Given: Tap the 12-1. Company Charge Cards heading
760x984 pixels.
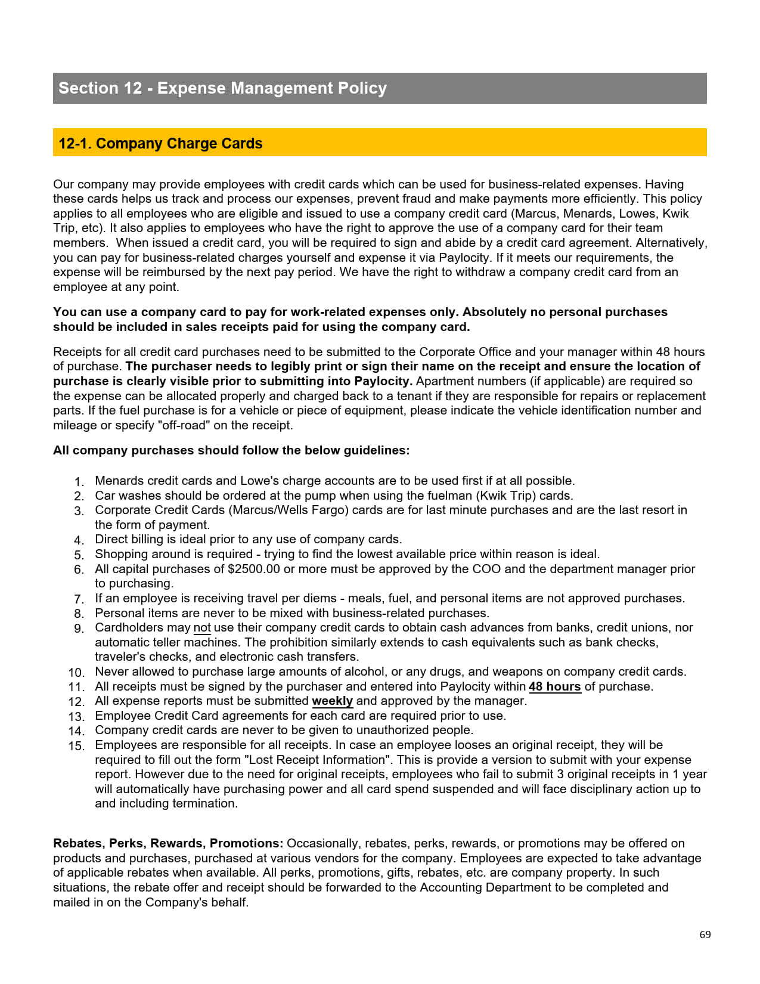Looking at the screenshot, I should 160,144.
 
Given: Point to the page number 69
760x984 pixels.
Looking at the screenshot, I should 705,935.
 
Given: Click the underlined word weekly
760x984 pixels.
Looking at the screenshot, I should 332,701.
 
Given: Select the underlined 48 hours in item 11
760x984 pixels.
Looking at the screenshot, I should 554,686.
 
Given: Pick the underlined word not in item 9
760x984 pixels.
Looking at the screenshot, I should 202,627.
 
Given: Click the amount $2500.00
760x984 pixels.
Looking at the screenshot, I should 253,569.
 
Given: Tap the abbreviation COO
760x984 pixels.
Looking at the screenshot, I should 486,569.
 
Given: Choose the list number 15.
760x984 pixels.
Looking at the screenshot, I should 76,746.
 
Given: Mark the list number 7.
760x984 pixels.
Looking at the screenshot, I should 79,599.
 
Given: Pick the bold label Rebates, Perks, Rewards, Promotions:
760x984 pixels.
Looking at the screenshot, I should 168,843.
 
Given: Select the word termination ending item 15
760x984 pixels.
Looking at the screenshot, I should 205,803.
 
